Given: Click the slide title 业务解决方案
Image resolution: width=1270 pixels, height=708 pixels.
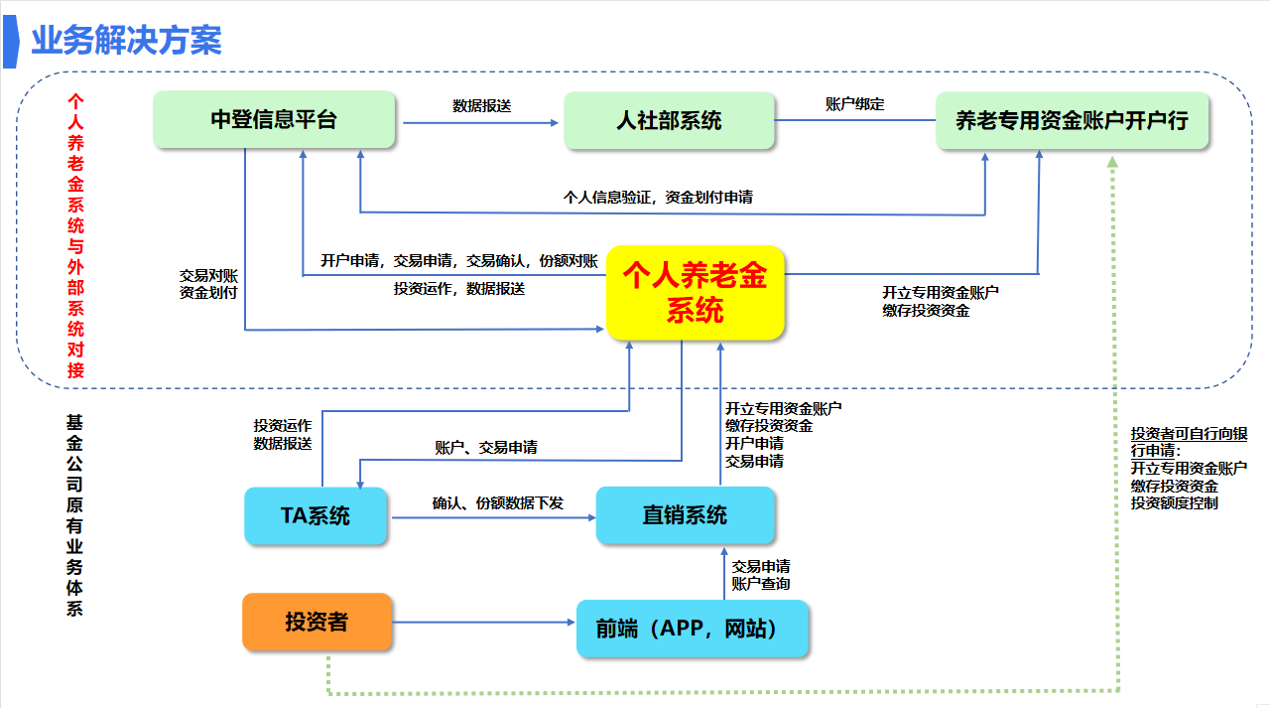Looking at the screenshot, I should [x=126, y=41].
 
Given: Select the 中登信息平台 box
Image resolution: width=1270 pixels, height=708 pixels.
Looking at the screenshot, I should [x=274, y=121].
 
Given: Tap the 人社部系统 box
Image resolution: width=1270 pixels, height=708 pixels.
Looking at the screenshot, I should [x=669, y=121].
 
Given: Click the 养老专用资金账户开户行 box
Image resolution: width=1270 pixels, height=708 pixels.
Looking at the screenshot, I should [x=1072, y=121].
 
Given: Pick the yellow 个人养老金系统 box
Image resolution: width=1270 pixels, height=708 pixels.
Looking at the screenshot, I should [x=695, y=293].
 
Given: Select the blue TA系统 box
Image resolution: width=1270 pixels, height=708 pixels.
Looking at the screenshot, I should [x=316, y=516].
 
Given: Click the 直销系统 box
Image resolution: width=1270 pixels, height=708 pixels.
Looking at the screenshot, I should [x=685, y=515].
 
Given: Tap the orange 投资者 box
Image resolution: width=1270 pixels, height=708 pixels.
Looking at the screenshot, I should [x=317, y=623].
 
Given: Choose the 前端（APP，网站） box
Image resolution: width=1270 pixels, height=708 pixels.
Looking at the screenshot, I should [x=692, y=629].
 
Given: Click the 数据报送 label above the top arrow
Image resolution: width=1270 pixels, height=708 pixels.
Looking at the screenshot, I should [x=481, y=105].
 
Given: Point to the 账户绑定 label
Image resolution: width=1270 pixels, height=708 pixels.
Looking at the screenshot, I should [x=854, y=103].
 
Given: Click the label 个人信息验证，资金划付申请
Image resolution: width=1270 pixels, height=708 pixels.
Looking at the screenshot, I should [x=658, y=197].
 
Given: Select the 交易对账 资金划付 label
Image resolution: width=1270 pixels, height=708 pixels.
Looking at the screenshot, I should [x=208, y=284].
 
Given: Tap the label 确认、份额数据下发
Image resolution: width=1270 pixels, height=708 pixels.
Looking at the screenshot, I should [x=497, y=503].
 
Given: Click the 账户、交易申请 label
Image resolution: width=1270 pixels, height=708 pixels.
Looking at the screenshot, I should [x=486, y=448].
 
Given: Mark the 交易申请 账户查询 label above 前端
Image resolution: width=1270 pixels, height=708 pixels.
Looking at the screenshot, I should [x=761, y=575].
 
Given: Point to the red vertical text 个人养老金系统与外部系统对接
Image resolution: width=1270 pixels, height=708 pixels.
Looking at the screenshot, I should [x=75, y=236].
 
